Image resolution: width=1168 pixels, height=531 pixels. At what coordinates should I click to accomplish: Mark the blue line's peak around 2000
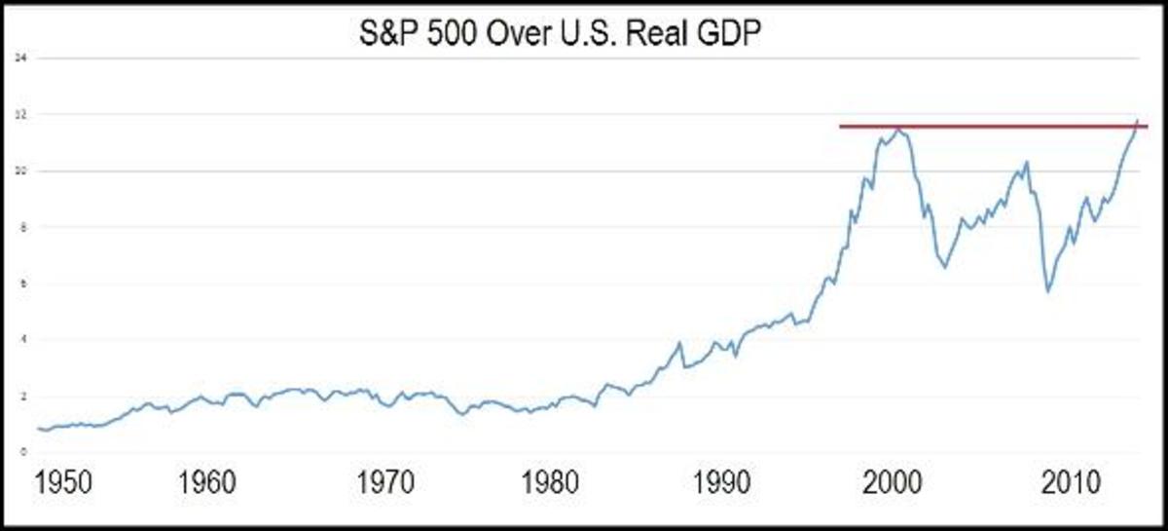tap(900, 129)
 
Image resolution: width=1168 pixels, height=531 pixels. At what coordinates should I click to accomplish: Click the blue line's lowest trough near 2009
tap(1047, 291)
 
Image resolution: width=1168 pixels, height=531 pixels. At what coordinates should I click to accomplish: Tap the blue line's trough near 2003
tap(944, 267)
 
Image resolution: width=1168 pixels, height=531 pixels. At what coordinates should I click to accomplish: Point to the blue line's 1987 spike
tap(679, 342)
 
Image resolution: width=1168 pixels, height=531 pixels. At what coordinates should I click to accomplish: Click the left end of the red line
tap(841, 126)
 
